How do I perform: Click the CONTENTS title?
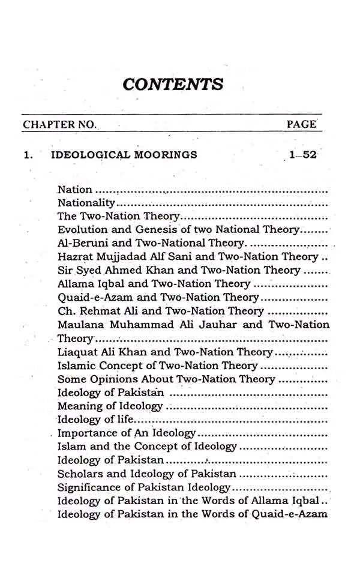pyautogui.click(x=173, y=83)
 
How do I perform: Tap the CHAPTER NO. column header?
pyautogui.click(x=59, y=125)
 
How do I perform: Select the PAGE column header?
pyautogui.click(x=301, y=124)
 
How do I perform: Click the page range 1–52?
pyautogui.click(x=302, y=155)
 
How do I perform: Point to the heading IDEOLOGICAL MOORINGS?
pyautogui.click(x=124, y=155)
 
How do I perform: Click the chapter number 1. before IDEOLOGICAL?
pyautogui.click(x=27, y=155)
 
